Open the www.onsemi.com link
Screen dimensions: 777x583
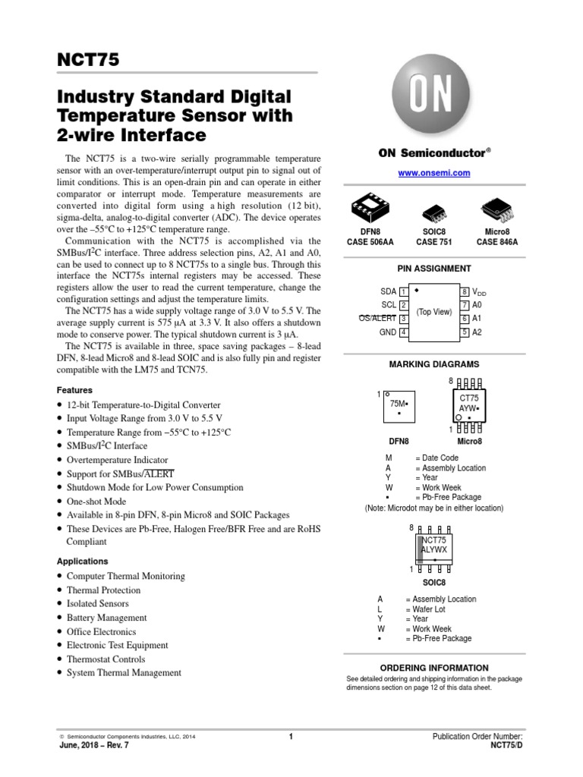[x=434, y=173]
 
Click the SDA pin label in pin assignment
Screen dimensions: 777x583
[x=389, y=291]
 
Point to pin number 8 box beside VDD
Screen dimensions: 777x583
[x=465, y=291]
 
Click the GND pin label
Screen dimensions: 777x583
[x=389, y=332]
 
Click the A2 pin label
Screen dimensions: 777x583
[x=477, y=332]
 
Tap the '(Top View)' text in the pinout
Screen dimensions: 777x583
[x=434, y=312]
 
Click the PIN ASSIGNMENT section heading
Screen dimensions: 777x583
[x=434, y=269]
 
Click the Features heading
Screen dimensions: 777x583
[x=74, y=390]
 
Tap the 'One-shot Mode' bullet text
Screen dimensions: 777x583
[x=96, y=502]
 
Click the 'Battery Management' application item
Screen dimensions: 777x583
[x=107, y=618]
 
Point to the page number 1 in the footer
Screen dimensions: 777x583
[x=291, y=736]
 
